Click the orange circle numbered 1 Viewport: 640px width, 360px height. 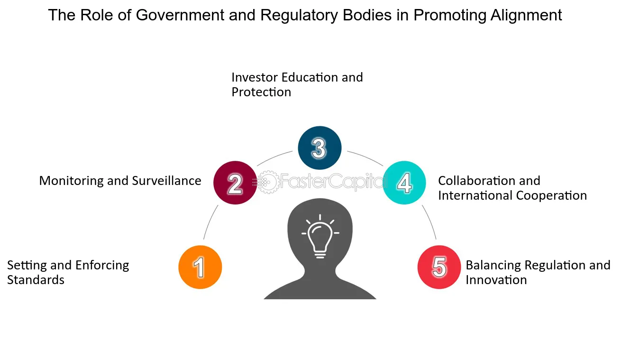coord(200,267)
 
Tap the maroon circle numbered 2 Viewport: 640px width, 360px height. coord(235,183)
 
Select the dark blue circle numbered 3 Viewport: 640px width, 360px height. coord(320,148)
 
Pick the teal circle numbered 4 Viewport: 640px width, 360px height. coord(404,183)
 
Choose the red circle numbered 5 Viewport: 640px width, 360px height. coord(439,267)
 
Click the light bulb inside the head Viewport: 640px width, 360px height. coord(320,237)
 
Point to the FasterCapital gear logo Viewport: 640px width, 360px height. coord(268,182)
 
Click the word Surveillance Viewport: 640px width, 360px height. coord(166,181)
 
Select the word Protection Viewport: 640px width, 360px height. coord(261,92)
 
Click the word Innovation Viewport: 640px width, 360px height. coord(496,280)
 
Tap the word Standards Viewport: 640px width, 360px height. coord(36,280)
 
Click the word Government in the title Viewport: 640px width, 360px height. coord(180,15)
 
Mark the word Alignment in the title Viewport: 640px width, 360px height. coord(526,16)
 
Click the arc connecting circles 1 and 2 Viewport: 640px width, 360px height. coord(209,222)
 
